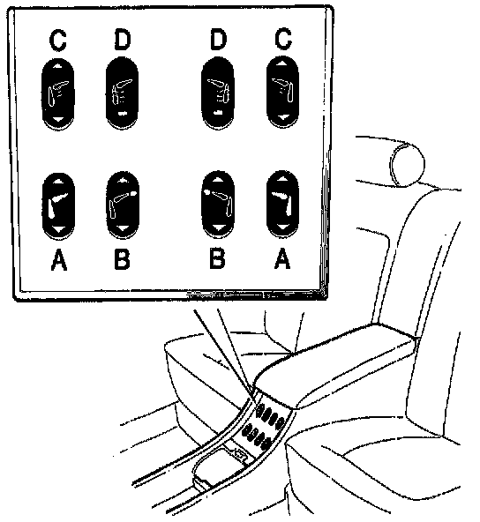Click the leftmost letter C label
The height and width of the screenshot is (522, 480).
(58, 41)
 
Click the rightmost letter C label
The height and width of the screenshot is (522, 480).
(283, 39)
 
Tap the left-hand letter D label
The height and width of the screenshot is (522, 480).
(123, 40)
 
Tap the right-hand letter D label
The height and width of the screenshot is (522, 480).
(218, 39)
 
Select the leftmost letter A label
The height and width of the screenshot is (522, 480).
(59, 260)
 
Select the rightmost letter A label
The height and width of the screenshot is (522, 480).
(282, 258)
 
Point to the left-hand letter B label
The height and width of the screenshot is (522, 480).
(122, 259)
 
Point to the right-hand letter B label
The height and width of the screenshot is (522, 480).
(217, 258)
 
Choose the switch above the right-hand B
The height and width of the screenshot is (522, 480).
(218, 205)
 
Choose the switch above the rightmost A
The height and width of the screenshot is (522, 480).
(283, 204)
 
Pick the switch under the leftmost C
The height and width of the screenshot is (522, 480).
(58, 93)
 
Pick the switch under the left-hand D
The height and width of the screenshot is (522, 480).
(122, 93)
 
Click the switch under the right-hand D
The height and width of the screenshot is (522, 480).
(218, 93)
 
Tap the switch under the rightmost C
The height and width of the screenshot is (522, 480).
(283, 92)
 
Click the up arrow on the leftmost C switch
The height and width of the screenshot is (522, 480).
(57, 65)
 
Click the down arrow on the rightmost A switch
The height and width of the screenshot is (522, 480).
(283, 227)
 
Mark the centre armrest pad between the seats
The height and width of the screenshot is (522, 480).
(336, 363)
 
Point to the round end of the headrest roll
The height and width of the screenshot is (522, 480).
(408, 164)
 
